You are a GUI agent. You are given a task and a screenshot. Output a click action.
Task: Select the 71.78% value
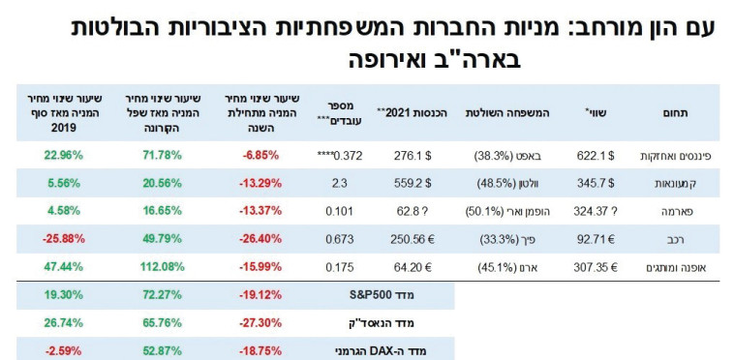coord(148,155)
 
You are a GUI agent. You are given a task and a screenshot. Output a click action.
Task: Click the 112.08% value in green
coord(148,264)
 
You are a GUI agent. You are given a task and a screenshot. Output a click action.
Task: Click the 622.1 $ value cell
coord(596,155)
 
